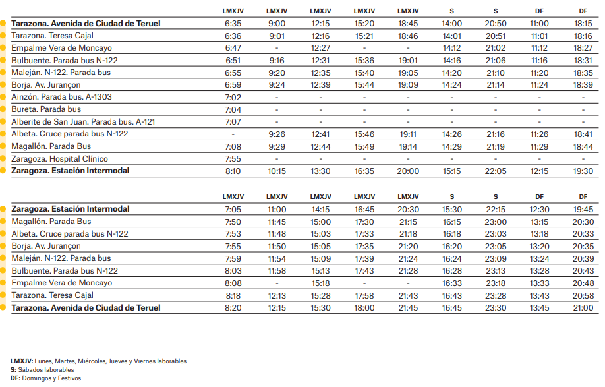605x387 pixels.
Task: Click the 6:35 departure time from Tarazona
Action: click(233, 23)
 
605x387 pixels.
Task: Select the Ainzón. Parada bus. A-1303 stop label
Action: click(61, 97)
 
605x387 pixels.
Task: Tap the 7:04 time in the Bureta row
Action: click(233, 109)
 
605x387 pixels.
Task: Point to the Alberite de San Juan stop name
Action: click(77, 122)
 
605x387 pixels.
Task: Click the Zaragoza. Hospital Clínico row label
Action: click(59, 159)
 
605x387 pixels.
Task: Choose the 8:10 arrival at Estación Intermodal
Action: click(233, 171)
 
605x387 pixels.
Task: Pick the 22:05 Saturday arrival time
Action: click(495, 171)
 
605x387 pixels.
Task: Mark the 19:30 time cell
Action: click(583, 171)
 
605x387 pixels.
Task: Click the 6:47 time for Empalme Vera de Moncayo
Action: click(233, 48)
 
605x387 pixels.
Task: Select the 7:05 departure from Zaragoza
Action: click(233, 209)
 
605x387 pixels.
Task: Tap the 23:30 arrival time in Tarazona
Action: click(495, 308)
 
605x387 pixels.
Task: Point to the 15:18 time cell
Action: click(320, 283)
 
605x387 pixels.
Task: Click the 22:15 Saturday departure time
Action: click(495, 209)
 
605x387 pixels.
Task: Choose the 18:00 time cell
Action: click(364, 308)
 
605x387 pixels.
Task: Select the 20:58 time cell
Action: click(583, 295)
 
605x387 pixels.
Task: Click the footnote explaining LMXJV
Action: click(98, 361)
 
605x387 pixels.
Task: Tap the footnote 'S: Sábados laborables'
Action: click(42, 370)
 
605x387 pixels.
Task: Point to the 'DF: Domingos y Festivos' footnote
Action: click(45, 378)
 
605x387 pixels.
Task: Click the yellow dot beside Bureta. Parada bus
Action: click(3, 109)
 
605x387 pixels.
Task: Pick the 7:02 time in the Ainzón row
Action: click(233, 97)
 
